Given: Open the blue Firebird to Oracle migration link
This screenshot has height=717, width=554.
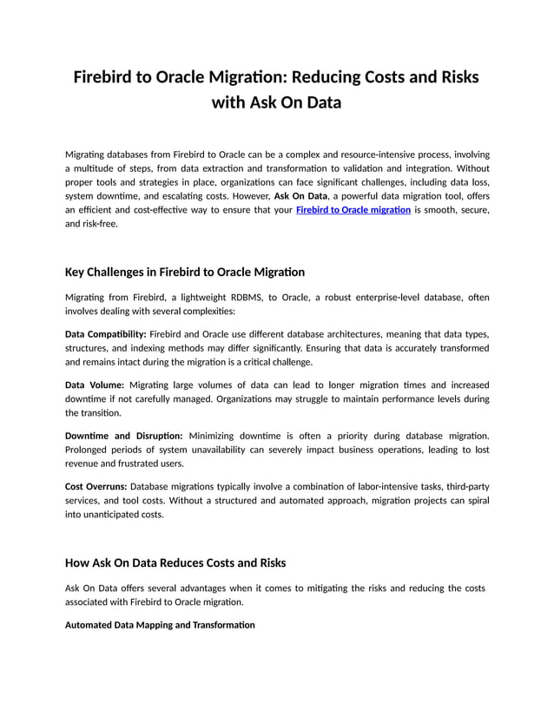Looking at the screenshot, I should tap(353, 210).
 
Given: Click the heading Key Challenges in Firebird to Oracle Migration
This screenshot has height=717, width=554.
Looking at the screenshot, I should tap(185, 273).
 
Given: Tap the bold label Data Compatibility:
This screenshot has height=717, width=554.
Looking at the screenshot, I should tap(106, 334).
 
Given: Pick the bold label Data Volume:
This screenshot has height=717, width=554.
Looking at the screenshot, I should tap(95, 385).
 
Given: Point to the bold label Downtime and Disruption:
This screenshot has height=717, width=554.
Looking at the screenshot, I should tap(124, 435).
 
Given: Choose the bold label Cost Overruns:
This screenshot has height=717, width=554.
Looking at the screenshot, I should tap(96, 485).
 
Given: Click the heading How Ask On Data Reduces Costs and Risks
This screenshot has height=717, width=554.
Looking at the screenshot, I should tap(175, 562).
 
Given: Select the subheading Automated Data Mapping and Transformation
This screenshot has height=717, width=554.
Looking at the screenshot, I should tap(160, 625).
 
